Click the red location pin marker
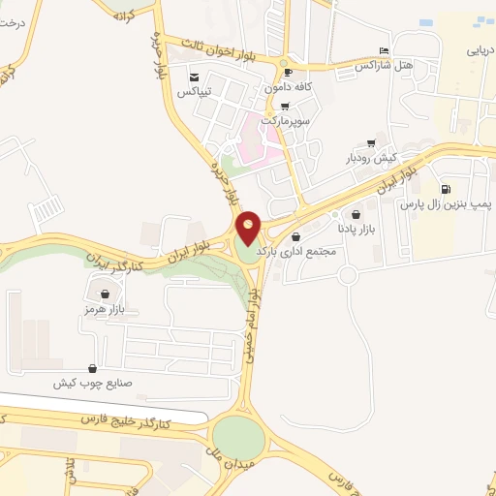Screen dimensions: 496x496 pyautogui.click(x=249, y=227)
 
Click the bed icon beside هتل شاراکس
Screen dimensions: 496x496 pyautogui.click(x=385, y=50)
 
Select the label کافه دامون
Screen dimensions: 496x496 pyautogui.click(x=289, y=87)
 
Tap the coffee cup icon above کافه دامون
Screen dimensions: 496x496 pyautogui.click(x=287, y=73)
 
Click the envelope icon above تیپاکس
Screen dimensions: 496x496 pyautogui.click(x=194, y=77)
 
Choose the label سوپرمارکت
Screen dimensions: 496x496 pyautogui.click(x=283, y=121)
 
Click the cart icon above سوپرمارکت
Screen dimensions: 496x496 pyautogui.click(x=284, y=107)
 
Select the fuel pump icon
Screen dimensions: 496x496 pyautogui.click(x=446, y=189)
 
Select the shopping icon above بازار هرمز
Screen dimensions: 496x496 pyautogui.click(x=105, y=294)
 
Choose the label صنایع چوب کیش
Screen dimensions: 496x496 pyautogui.click(x=92, y=383)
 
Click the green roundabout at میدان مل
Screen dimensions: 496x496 pyautogui.click(x=238, y=438)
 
